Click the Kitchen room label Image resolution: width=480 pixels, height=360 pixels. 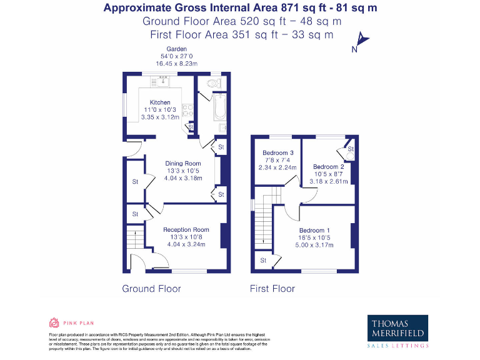[x=159, y=102]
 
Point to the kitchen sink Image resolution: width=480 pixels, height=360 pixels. [x=164, y=79]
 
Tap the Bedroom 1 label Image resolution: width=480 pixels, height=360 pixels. [x=315, y=231]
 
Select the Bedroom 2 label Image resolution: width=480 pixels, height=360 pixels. [x=329, y=167]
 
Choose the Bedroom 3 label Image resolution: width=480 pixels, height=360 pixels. [x=278, y=153]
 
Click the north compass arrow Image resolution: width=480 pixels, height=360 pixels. [x=362, y=42]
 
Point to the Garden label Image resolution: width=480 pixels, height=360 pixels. [x=176, y=49]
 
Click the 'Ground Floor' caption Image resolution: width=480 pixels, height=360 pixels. [x=151, y=289]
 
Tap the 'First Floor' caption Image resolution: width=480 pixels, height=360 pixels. [x=272, y=289]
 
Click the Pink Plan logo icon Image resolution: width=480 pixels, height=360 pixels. [x=54, y=323]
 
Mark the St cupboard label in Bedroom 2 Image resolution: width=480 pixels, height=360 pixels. [x=351, y=149]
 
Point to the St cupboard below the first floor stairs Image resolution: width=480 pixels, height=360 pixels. [x=263, y=260]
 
